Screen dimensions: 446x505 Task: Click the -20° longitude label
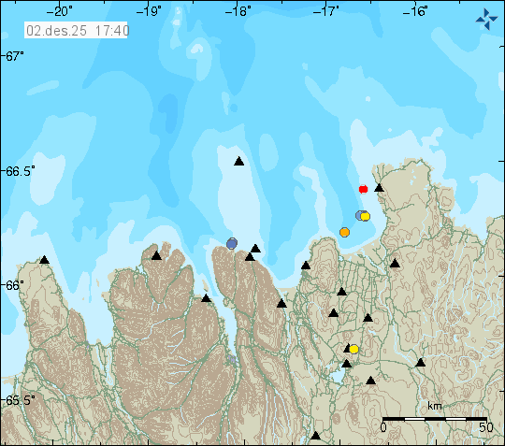(x=63, y=11)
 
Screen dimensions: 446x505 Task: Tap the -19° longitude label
(x=151, y=11)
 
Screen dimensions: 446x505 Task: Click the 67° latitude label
(x=12, y=57)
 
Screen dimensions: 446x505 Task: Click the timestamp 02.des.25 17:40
(x=78, y=30)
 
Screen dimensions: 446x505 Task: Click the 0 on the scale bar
(x=383, y=426)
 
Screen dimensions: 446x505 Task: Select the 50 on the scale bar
(x=485, y=426)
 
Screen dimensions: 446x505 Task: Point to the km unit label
(x=435, y=406)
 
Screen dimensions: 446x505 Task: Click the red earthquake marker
(x=364, y=190)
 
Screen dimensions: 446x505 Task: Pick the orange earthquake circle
(x=344, y=232)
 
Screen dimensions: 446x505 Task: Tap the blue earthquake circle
(x=232, y=243)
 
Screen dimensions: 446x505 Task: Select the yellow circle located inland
(x=353, y=349)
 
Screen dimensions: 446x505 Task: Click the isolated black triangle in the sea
(x=238, y=161)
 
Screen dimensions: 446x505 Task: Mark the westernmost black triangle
(x=44, y=259)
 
